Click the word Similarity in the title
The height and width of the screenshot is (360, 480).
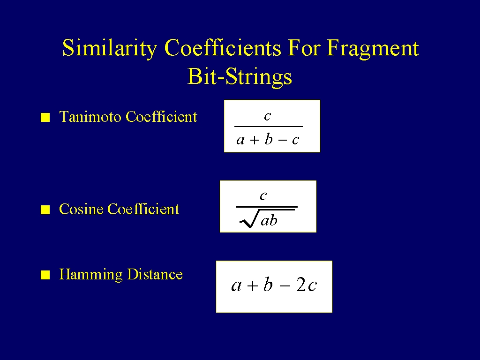(110, 48)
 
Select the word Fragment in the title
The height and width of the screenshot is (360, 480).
(373, 48)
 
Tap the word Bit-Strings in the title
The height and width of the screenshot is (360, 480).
(240, 76)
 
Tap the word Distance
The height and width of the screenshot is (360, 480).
(155, 274)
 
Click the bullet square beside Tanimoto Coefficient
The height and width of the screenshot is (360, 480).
(45, 118)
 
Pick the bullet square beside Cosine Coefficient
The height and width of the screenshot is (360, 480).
(45, 210)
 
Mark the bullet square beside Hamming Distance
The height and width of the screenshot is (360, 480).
(45, 275)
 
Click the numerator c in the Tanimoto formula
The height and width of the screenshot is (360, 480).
(268, 116)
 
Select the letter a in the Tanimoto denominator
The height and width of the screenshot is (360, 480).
(240, 140)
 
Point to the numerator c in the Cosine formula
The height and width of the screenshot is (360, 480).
(263, 196)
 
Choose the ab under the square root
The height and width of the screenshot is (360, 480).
(269, 220)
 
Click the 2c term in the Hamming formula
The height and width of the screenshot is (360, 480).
(307, 285)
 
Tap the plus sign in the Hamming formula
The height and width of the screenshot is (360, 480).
(253, 286)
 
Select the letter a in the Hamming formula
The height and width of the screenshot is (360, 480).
(236, 286)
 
